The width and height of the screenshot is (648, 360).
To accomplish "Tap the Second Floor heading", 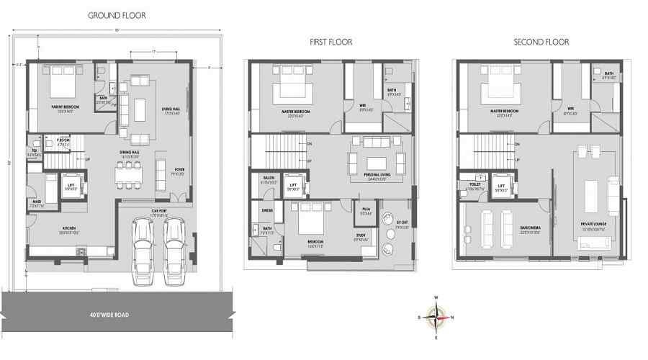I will [541, 42].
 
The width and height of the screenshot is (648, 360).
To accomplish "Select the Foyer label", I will [179, 170].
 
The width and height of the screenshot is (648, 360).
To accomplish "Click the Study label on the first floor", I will [360, 235].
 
